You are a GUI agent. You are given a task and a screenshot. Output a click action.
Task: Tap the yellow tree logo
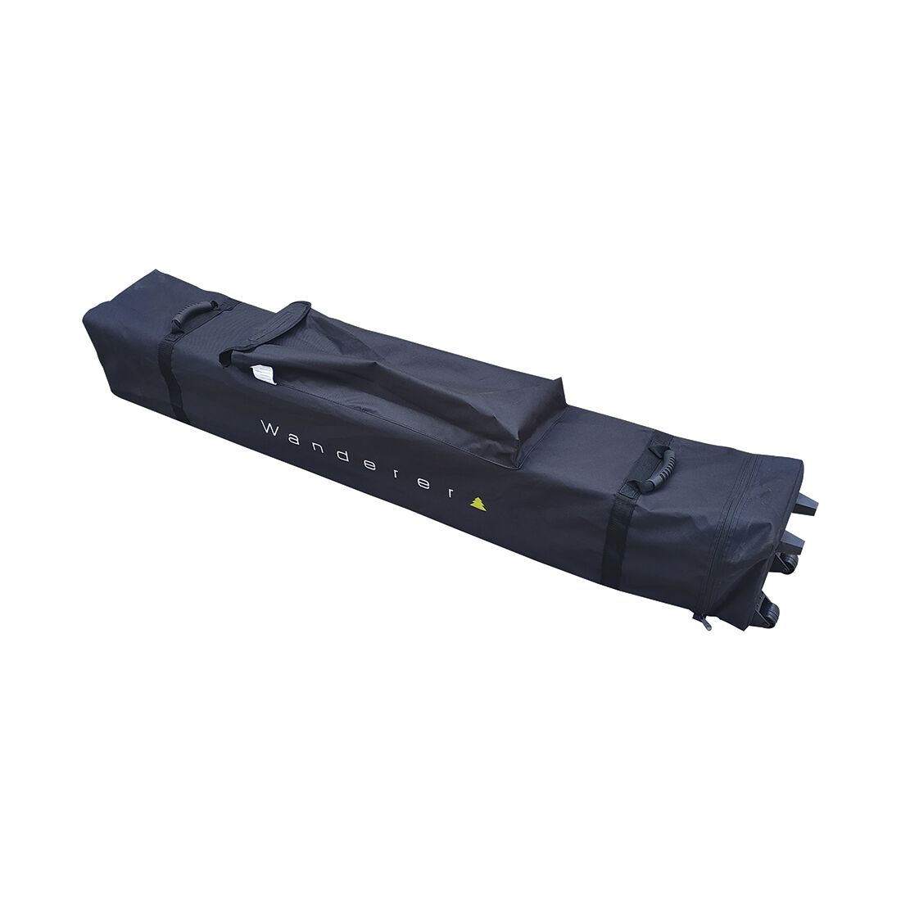[477, 504]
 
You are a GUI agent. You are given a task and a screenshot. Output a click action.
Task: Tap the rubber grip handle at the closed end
[193, 315]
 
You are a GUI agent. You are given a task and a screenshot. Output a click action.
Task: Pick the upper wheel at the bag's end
[786, 563]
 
